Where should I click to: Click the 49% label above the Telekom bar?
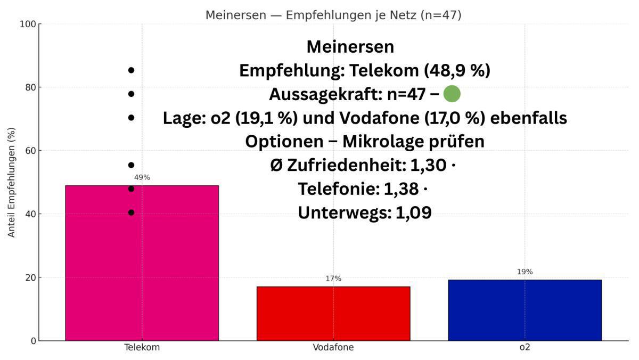tap(142, 177)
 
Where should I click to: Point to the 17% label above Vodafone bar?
tap(333, 279)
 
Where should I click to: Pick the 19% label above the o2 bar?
tap(525, 272)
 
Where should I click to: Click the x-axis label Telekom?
tap(142, 348)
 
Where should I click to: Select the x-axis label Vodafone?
tap(333, 348)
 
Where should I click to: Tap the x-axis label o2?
tap(525, 348)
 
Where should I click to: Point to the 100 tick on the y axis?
tap(28, 24)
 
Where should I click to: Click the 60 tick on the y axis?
tap(30, 151)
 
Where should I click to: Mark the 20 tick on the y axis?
tap(30, 277)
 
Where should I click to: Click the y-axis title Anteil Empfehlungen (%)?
tap(12, 182)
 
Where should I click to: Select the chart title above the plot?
tap(333, 15)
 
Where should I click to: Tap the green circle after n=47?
tap(452, 94)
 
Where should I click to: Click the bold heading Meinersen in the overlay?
tap(350, 47)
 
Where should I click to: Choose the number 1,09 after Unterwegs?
tap(413, 213)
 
